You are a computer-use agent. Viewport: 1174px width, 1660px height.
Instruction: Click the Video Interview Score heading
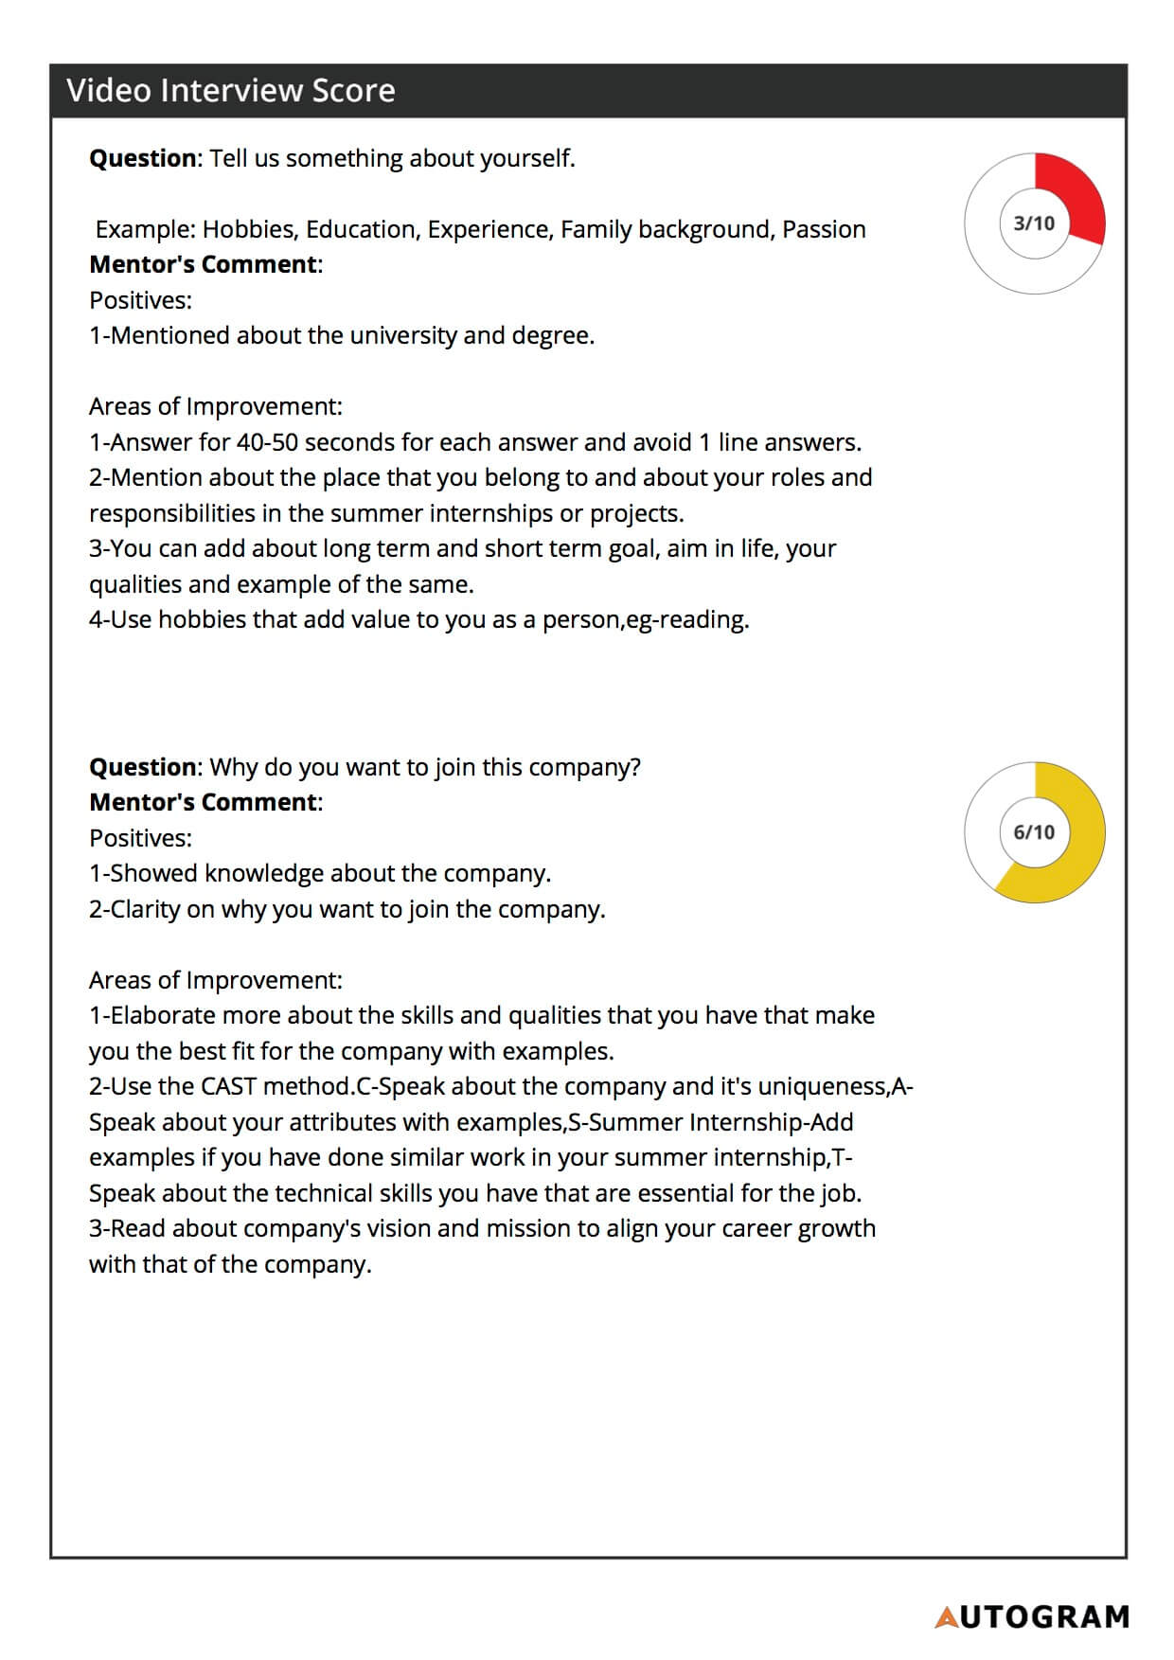click(x=231, y=91)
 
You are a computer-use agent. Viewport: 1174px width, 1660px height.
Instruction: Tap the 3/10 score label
click(x=1034, y=223)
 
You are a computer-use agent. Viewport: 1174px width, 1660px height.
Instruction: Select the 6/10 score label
click(x=1034, y=832)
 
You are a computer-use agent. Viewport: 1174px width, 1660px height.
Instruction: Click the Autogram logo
click(x=1032, y=1616)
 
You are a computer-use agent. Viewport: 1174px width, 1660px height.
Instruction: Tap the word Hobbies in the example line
click(x=248, y=230)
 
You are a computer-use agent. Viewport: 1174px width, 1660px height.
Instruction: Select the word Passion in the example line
click(x=824, y=230)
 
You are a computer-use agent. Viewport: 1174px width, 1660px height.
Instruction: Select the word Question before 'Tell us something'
click(x=143, y=158)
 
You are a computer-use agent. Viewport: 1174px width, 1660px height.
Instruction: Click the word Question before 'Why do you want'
click(x=143, y=767)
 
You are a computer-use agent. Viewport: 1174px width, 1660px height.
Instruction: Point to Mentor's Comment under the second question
click(x=205, y=803)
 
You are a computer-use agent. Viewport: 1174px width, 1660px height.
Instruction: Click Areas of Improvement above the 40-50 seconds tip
click(x=215, y=407)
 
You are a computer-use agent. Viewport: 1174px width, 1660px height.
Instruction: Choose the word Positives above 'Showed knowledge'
click(x=140, y=839)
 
